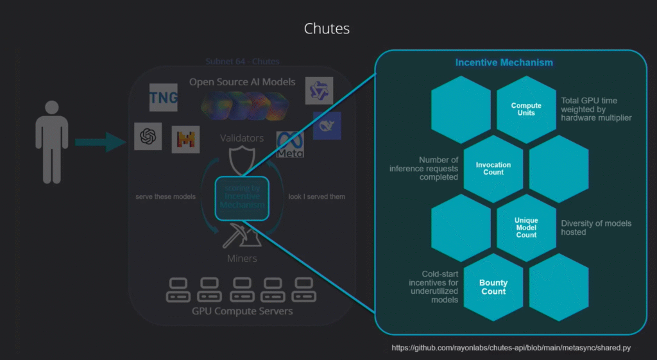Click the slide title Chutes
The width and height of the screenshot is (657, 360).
pos(327,30)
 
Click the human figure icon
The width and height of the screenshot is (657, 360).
pos(51,142)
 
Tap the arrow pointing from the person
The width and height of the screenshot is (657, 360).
pos(99,142)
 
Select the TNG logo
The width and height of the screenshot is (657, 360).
pos(163,98)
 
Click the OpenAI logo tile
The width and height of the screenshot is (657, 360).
pos(148,137)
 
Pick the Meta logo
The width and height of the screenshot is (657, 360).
pos(290,146)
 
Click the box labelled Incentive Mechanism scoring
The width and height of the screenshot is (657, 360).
pos(241,197)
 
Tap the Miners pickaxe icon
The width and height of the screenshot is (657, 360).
pos(241,236)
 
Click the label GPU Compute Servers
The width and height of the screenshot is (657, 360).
pos(242,311)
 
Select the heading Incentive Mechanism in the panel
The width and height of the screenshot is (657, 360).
pos(504,63)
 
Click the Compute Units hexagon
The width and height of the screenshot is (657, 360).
pos(526,110)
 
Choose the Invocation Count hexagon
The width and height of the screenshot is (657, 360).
pos(493,169)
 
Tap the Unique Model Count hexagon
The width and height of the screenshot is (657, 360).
pos(526,227)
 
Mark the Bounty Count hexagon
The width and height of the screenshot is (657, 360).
pos(493,287)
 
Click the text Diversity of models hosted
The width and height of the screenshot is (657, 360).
pos(596,227)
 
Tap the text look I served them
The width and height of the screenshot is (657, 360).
pos(317,196)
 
